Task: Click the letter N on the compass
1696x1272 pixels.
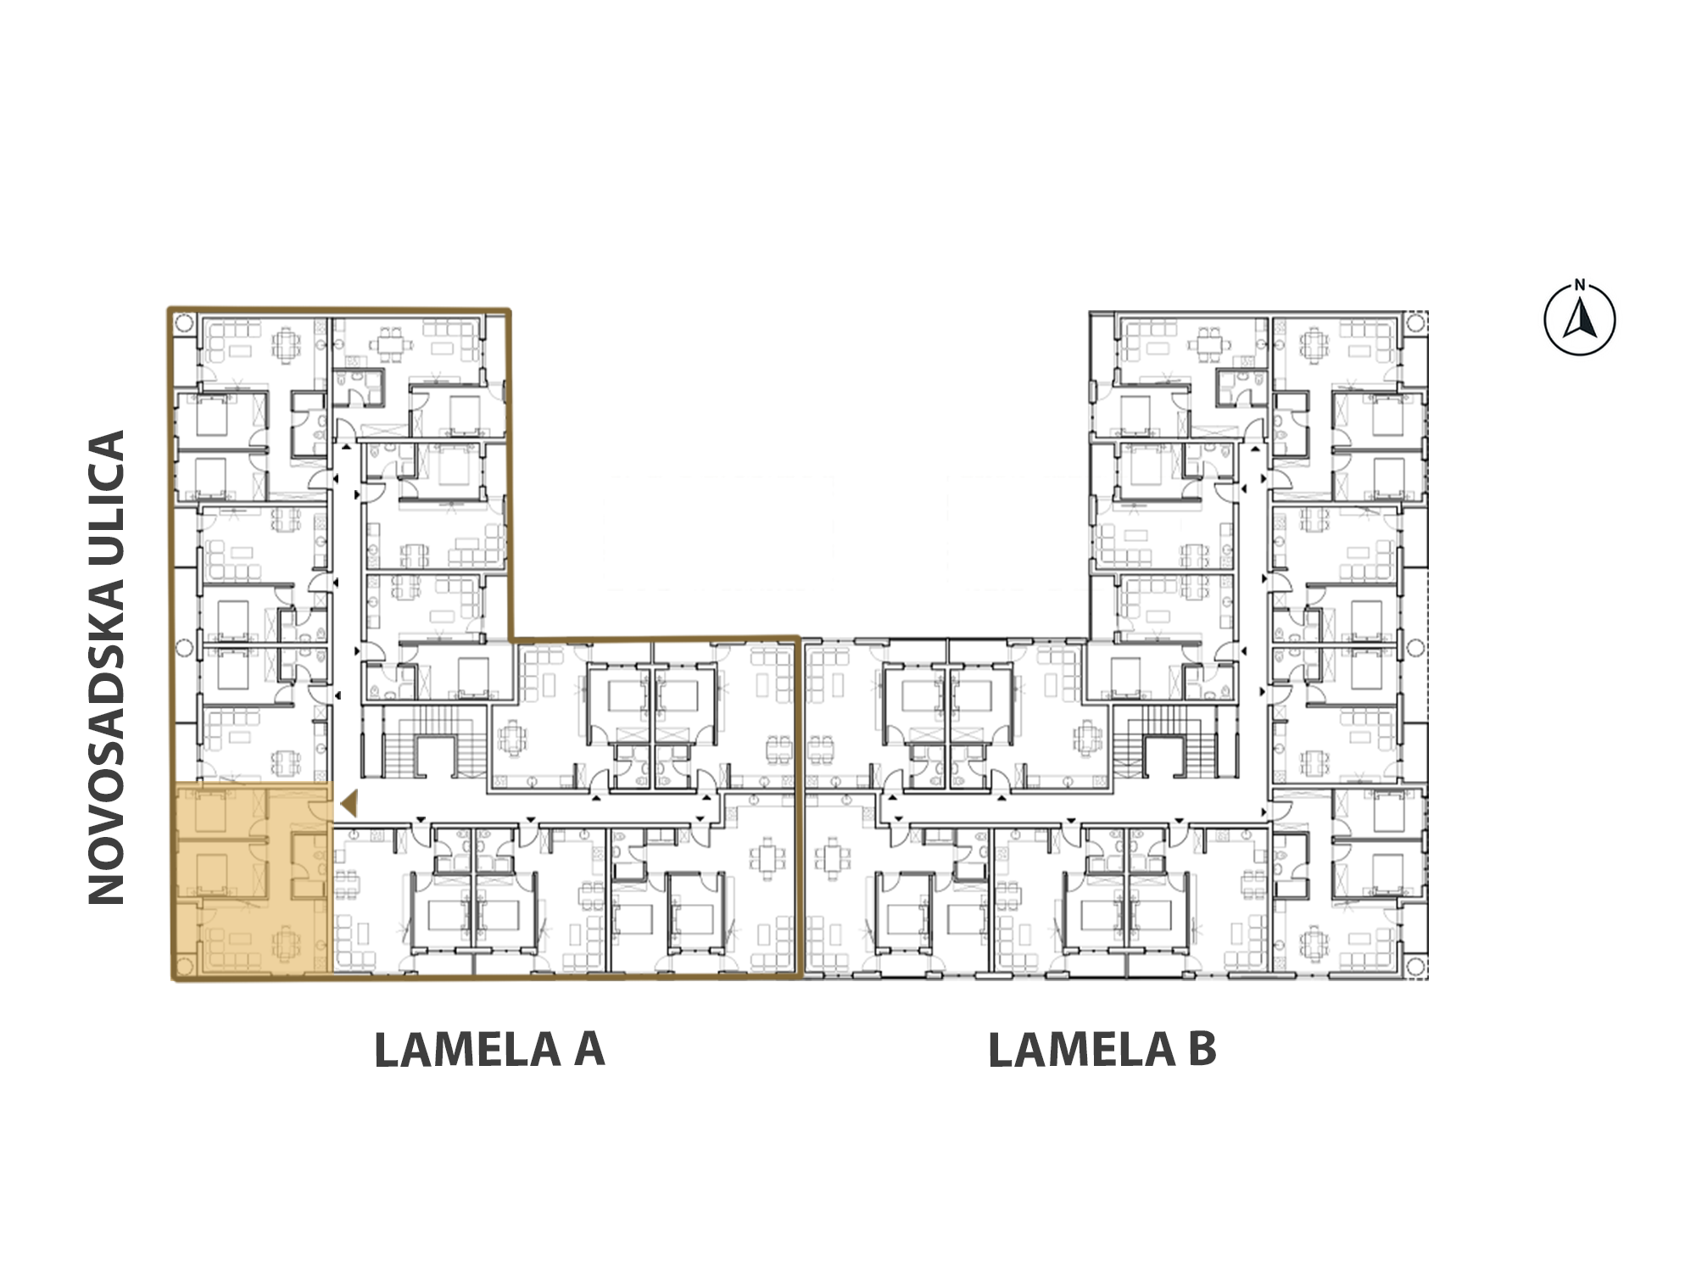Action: click(x=1580, y=285)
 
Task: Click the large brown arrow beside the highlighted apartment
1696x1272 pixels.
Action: click(x=349, y=803)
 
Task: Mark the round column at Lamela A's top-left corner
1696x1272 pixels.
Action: click(x=185, y=323)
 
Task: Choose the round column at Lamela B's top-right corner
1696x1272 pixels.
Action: click(x=1415, y=323)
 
